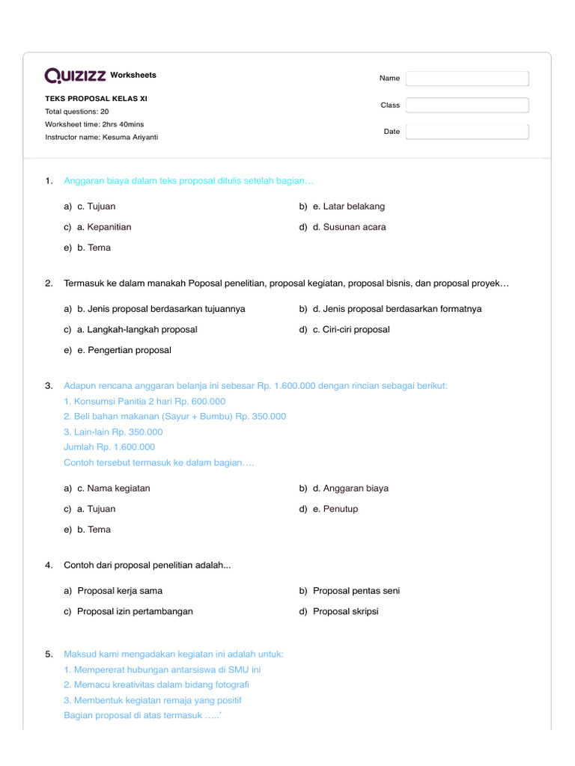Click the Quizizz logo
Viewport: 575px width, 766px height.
[x=76, y=76]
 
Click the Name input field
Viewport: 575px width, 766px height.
[x=467, y=79]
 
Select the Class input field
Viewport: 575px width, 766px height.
[x=467, y=105]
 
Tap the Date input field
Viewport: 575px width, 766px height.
[x=467, y=132]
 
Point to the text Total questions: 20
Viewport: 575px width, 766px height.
[x=76, y=111]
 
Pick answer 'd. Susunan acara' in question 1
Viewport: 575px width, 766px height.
[x=349, y=227]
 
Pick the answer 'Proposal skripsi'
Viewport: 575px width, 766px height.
[x=345, y=612]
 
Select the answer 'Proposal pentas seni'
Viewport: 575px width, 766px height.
[x=356, y=591]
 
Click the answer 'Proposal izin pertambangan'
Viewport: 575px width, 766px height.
[x=135, y=612]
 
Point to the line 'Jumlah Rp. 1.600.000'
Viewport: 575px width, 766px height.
[x=109, y=447]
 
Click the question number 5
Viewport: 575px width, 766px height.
[x=49, y=655]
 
